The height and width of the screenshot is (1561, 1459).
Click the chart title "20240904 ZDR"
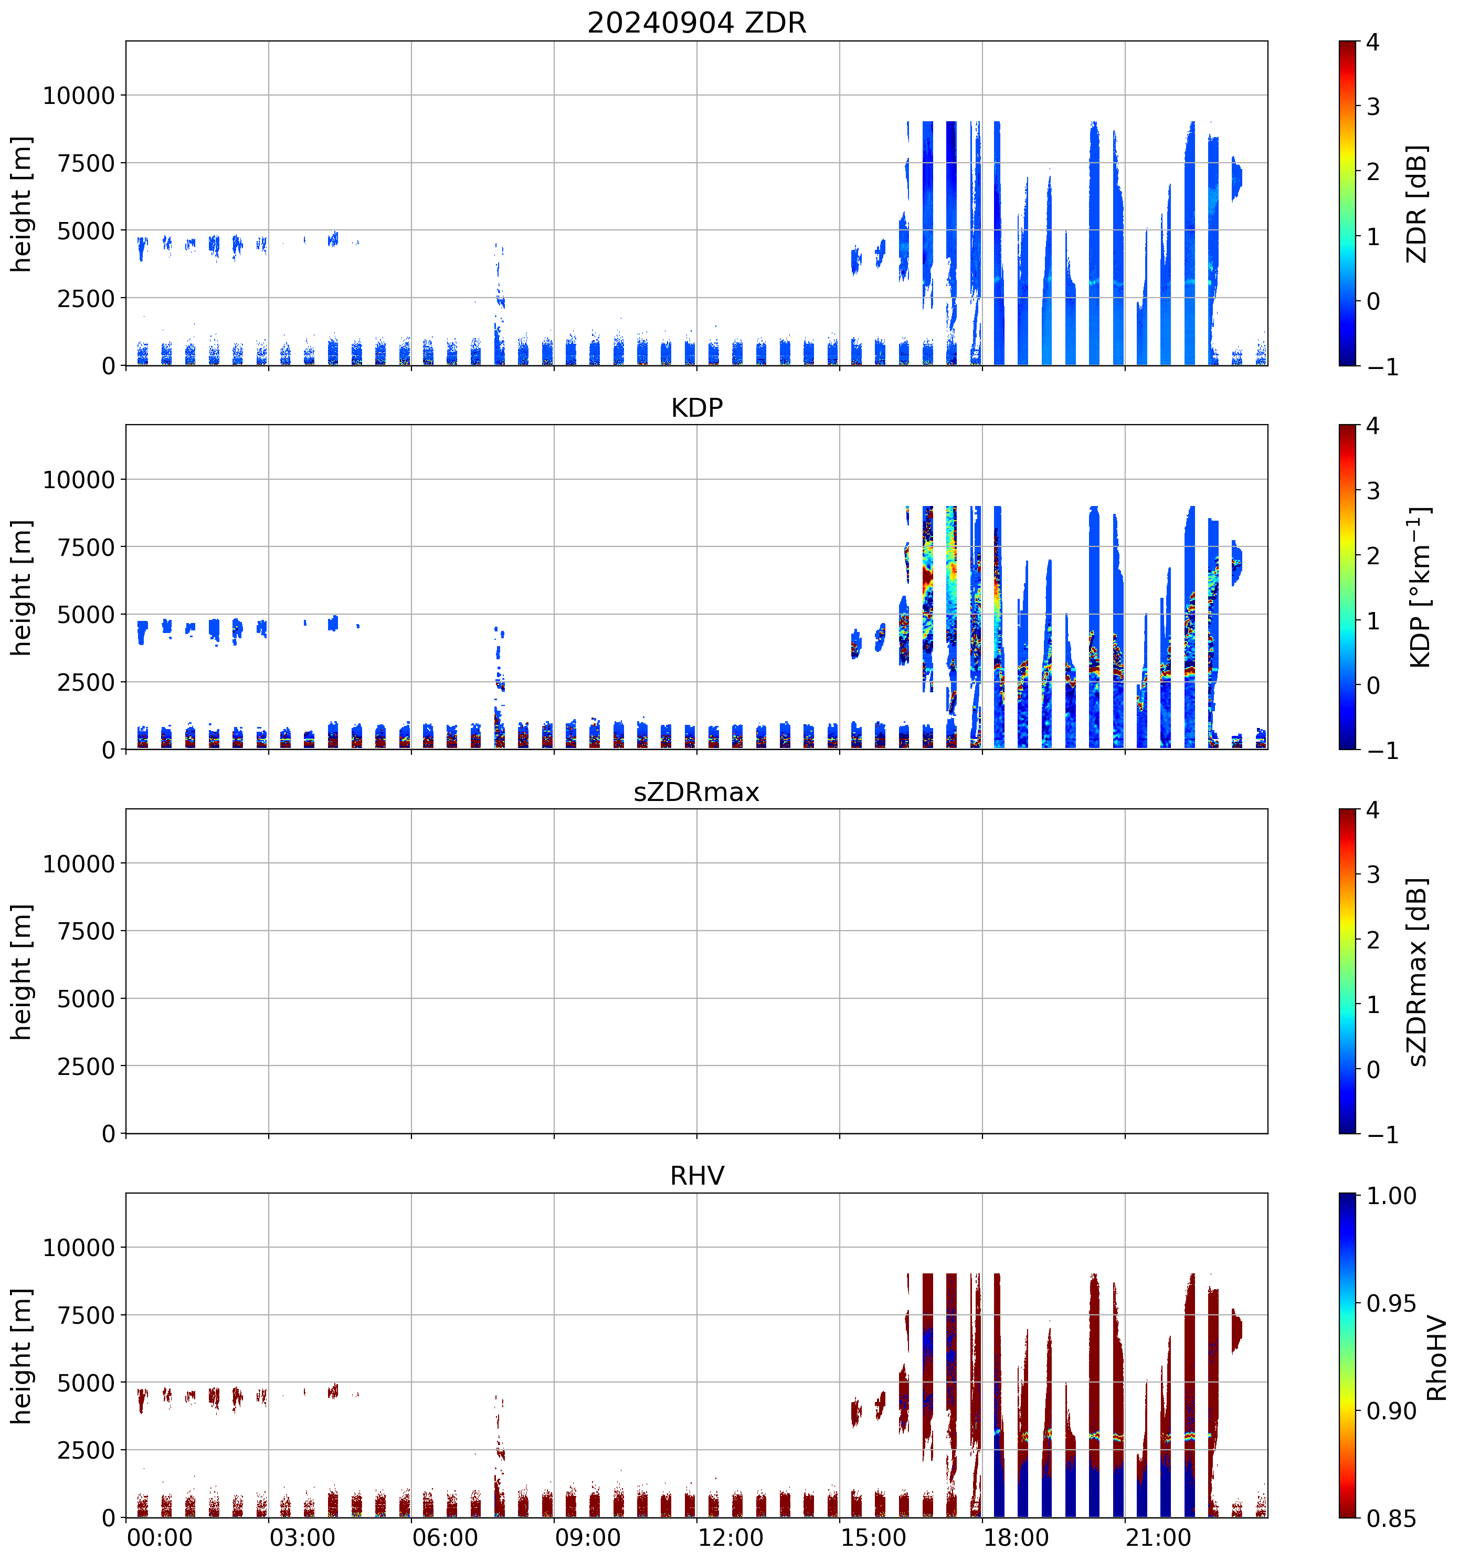[696, 23]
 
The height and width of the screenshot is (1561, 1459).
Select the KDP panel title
[696, 407]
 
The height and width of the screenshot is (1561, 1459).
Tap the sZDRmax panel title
[696, 792]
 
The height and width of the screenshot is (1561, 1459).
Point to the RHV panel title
[696, 1175]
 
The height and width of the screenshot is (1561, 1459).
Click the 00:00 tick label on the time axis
[160, 1537]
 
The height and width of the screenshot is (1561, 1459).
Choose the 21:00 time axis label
[1158, 1537]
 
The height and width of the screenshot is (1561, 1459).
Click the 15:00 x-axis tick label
[873, 1537]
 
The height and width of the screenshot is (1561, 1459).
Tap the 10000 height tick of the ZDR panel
[79, 96]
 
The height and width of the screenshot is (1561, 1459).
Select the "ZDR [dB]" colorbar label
[1416, 203]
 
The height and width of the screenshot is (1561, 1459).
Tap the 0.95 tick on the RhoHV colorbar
[1391, 1303]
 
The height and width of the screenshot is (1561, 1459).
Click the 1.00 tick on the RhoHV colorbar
[1391, 1196]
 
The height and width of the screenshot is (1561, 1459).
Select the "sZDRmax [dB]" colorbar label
[1416, 972]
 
